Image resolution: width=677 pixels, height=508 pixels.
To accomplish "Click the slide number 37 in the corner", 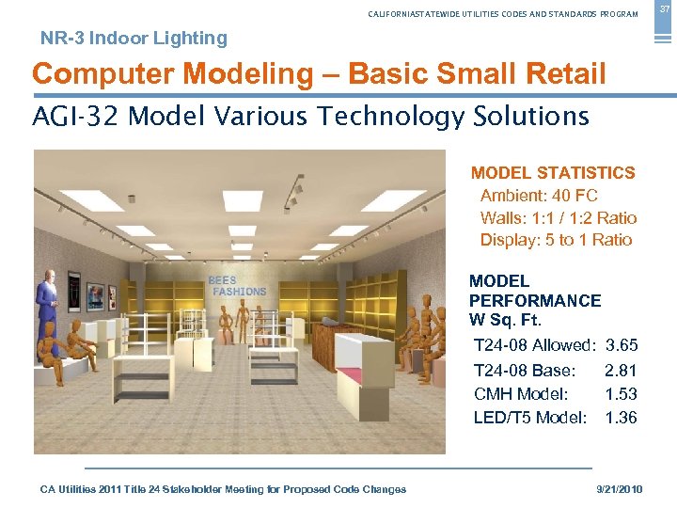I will [665, 8].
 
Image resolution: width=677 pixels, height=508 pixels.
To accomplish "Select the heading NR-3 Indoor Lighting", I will [134, 39].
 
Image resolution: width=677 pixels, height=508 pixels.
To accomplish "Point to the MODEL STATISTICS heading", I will [553, 173].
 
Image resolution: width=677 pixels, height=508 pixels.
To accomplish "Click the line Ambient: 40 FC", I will [539, 196].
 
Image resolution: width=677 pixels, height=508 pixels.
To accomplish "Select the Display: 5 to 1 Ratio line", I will [556, 240].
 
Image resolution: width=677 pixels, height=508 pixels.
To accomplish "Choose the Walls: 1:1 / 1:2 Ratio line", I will [558, 218].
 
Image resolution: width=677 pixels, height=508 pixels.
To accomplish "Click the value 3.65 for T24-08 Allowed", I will [622, 346].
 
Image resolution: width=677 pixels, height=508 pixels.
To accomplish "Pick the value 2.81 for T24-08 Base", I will [622, 371].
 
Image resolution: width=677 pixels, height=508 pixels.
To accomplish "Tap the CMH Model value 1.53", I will [622, 394].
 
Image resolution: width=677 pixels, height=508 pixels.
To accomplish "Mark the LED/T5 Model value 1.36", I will [622, 418].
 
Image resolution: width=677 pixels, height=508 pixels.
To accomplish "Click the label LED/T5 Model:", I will [530, 418].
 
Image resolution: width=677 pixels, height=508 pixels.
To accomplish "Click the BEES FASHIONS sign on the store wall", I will [238, 286].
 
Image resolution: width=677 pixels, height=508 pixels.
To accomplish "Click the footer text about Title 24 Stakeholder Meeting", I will [223, 489].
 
